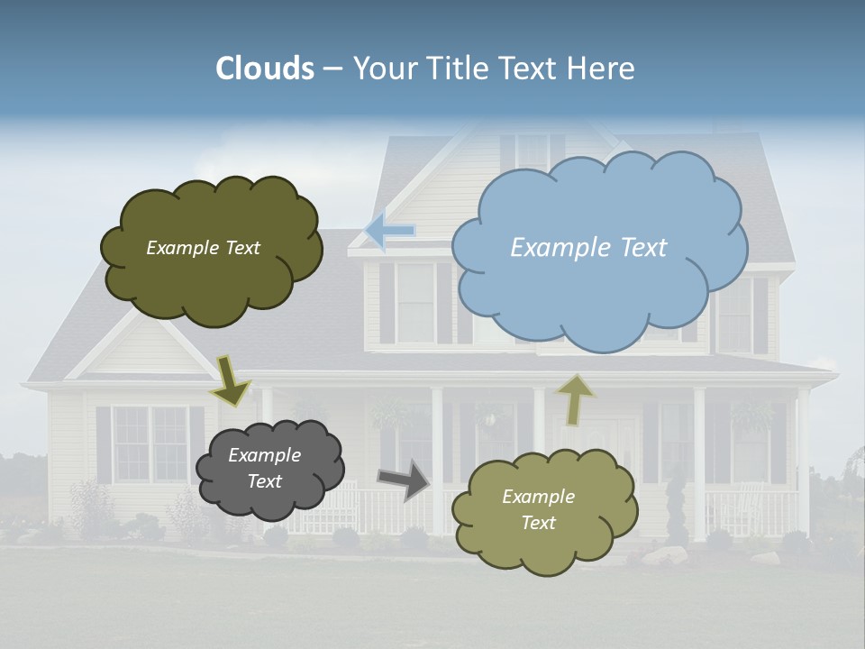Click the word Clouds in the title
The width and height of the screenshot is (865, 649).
tap(265, 69)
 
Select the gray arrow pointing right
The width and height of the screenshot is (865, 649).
tap(405, 479)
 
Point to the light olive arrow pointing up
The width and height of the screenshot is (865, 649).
tap(575, 399)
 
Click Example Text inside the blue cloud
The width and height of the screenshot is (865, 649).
tap(588, 248)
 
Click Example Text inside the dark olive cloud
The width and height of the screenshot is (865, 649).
tap(203, 248)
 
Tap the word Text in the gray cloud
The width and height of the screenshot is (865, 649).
tap(264, 481)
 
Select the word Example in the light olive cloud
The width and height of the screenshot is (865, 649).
tap(538, 497)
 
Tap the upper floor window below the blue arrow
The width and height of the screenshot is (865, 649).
tap(415, 301)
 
